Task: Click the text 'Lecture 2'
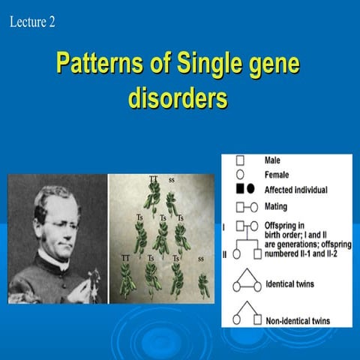pyautogui.click(x=32, y=22)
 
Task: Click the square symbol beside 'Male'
pyautogui.click(x=240, y=160)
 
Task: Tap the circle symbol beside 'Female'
pyautogui.click(x=240, y=174)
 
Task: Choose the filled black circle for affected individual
pyautogui.click(x=251, y=189)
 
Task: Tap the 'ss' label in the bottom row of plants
pyautogui.click(x=200, y=258)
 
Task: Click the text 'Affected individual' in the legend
pyautogui.click(x=295, y=189)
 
